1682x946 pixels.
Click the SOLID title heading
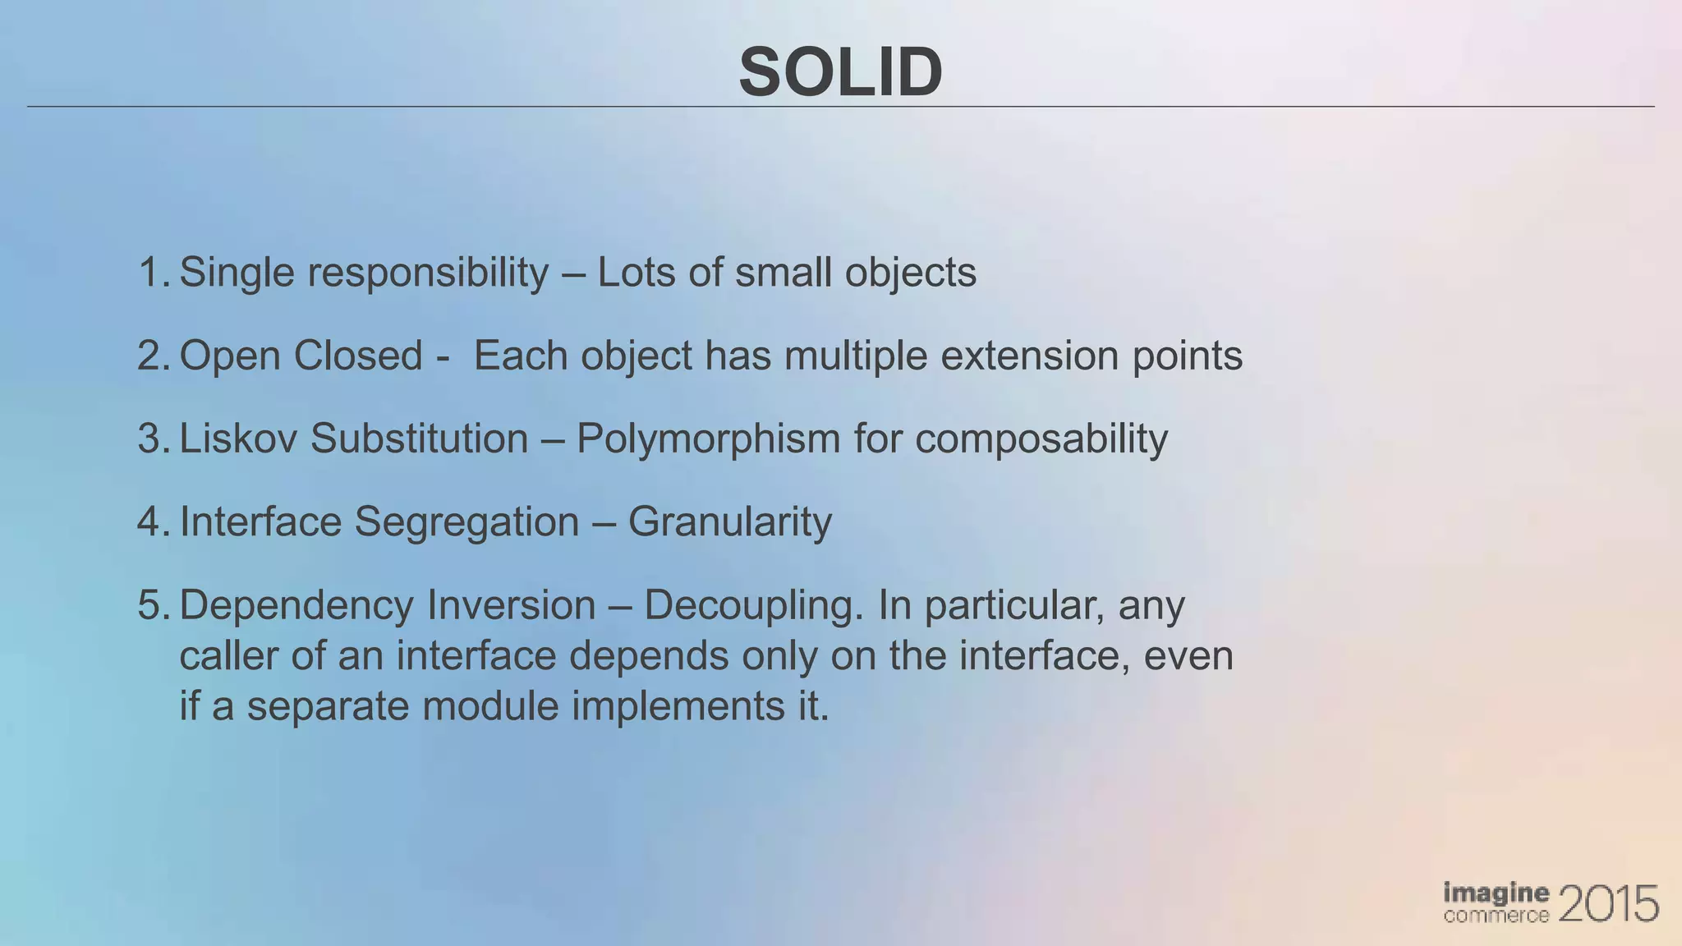[x=840, y=72]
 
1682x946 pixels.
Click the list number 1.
[x=153, y=272]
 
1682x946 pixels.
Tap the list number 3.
[x=153, y=439]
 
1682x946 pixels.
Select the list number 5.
[x=153, y=605]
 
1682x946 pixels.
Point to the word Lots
[x=638, y=272]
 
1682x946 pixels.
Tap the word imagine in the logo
[x=1496, y=893]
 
